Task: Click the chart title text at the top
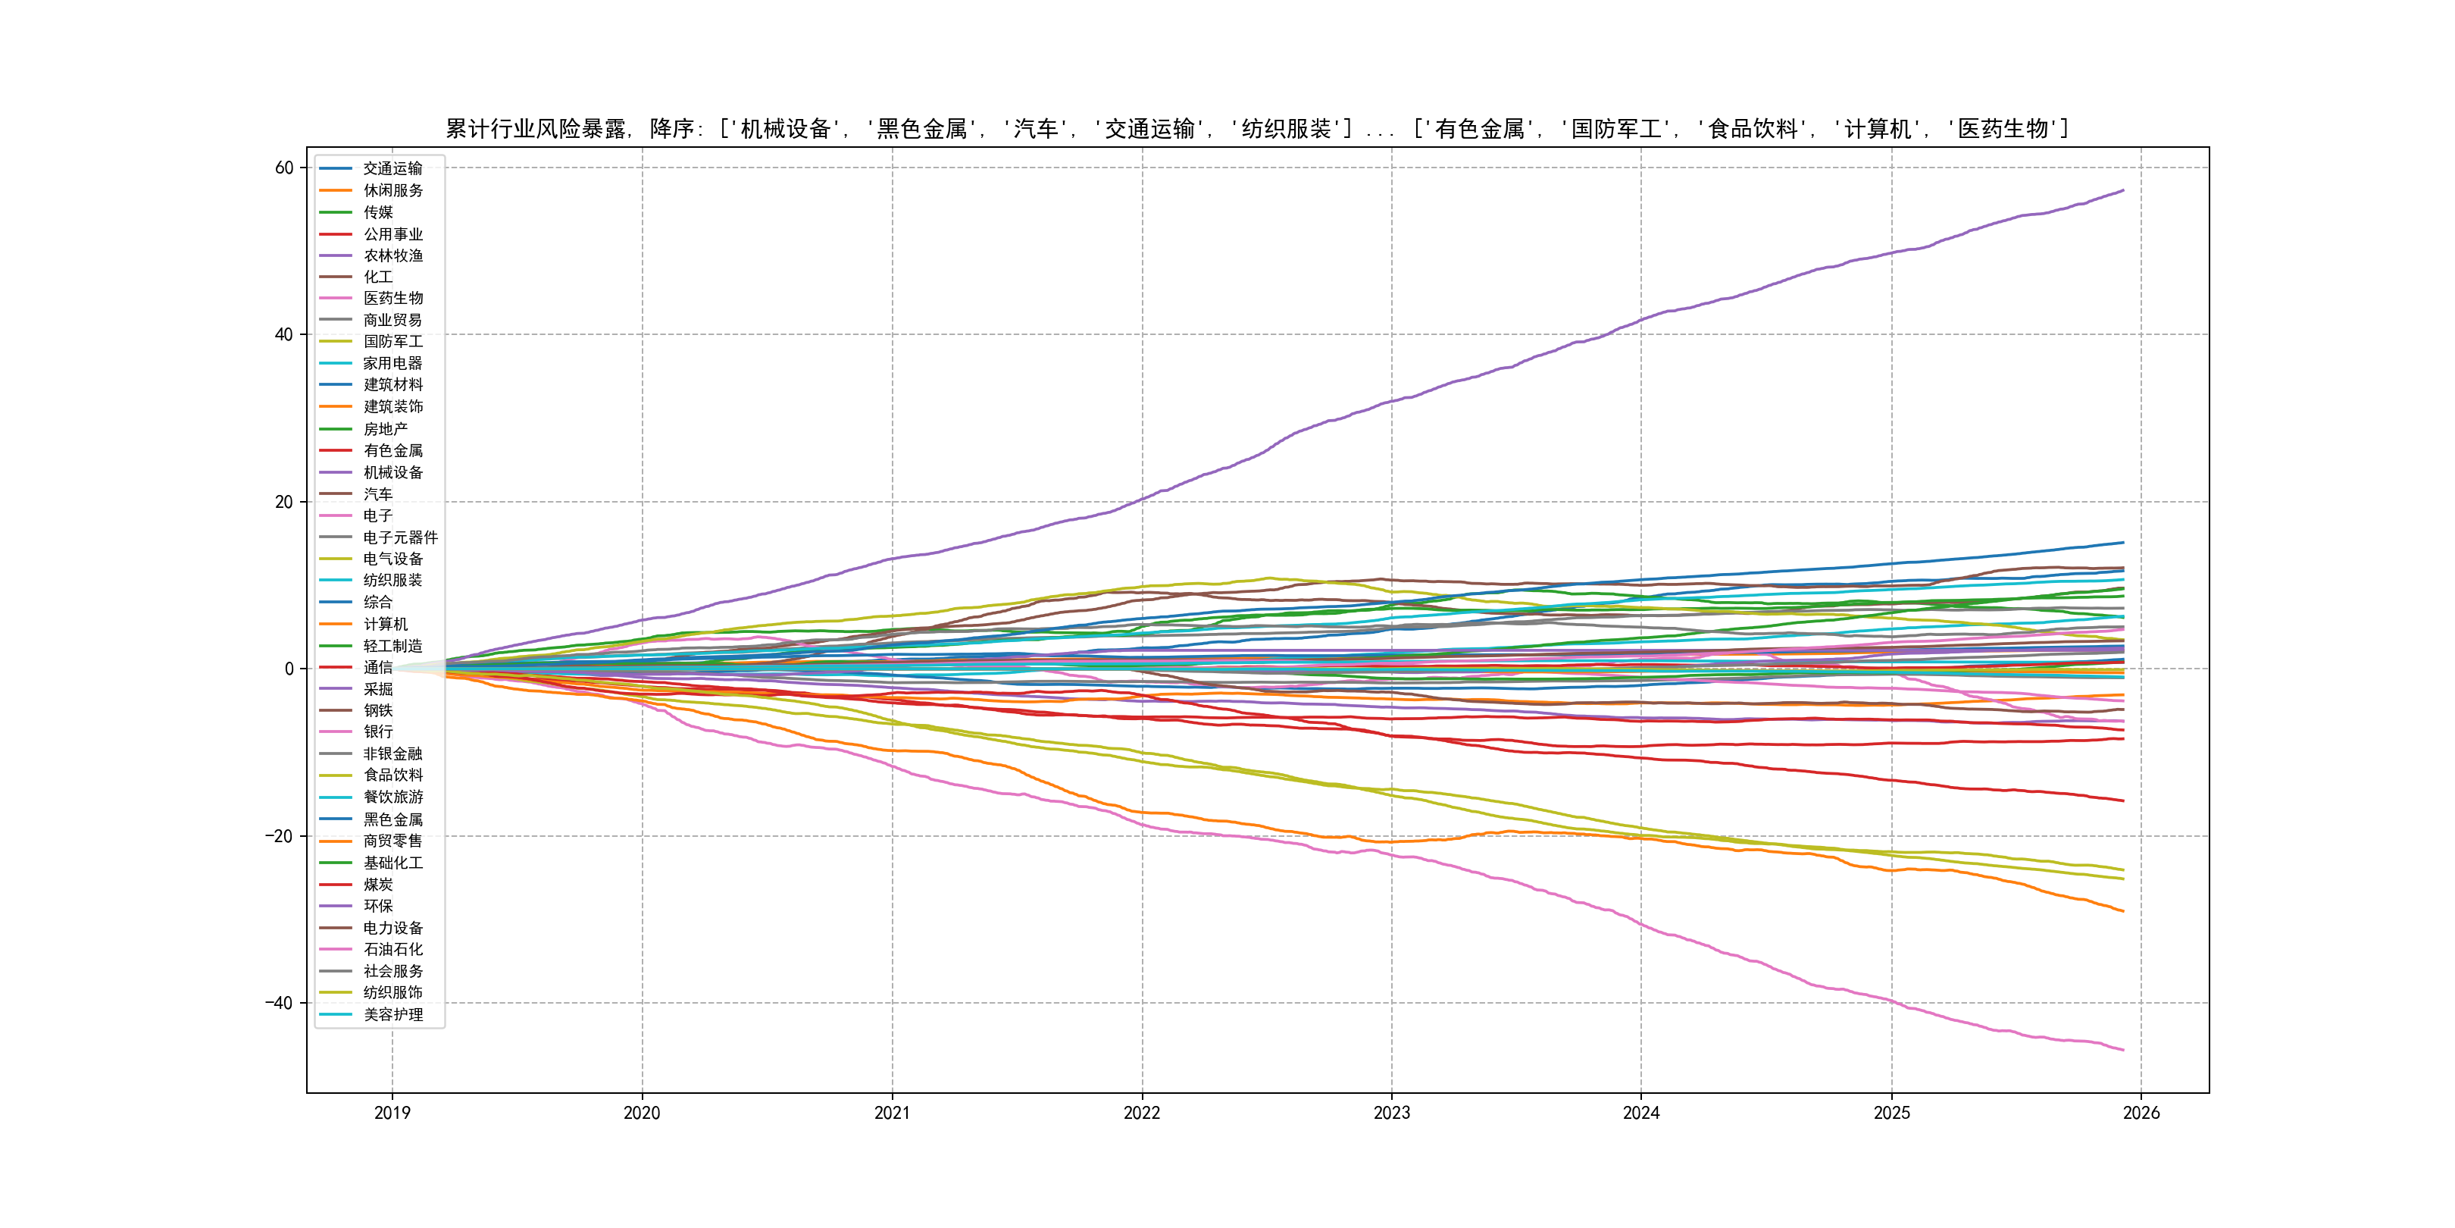coord(1256,129)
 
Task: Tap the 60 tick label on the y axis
coord(284,168)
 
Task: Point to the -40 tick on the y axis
coord(280,1003)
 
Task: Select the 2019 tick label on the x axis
coord(392,1113)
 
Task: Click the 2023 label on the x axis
coord(1391,1113)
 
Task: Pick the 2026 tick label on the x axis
coord(2141,1113)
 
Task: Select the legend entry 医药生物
coord(392,299)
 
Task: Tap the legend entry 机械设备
coord(392,473)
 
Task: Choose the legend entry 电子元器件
coord(400,537)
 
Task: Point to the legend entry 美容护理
coord(392,1014)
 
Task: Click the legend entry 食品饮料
coord(392,775)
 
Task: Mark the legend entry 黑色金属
coord(392,819)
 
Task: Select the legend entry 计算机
coord(385,624)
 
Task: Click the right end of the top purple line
coord(2122,191)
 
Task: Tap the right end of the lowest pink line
coord(2122,1050)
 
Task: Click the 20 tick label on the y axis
coord(284,503)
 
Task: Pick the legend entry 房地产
coord(385,429)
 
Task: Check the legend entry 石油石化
coord(392,950)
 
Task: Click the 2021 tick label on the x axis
coord(892,1113)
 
